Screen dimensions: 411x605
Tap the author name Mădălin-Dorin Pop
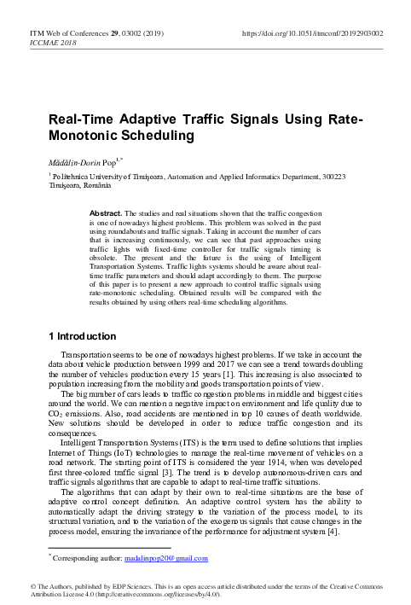click(76, 160)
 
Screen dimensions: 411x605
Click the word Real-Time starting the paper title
click(76, 120)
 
